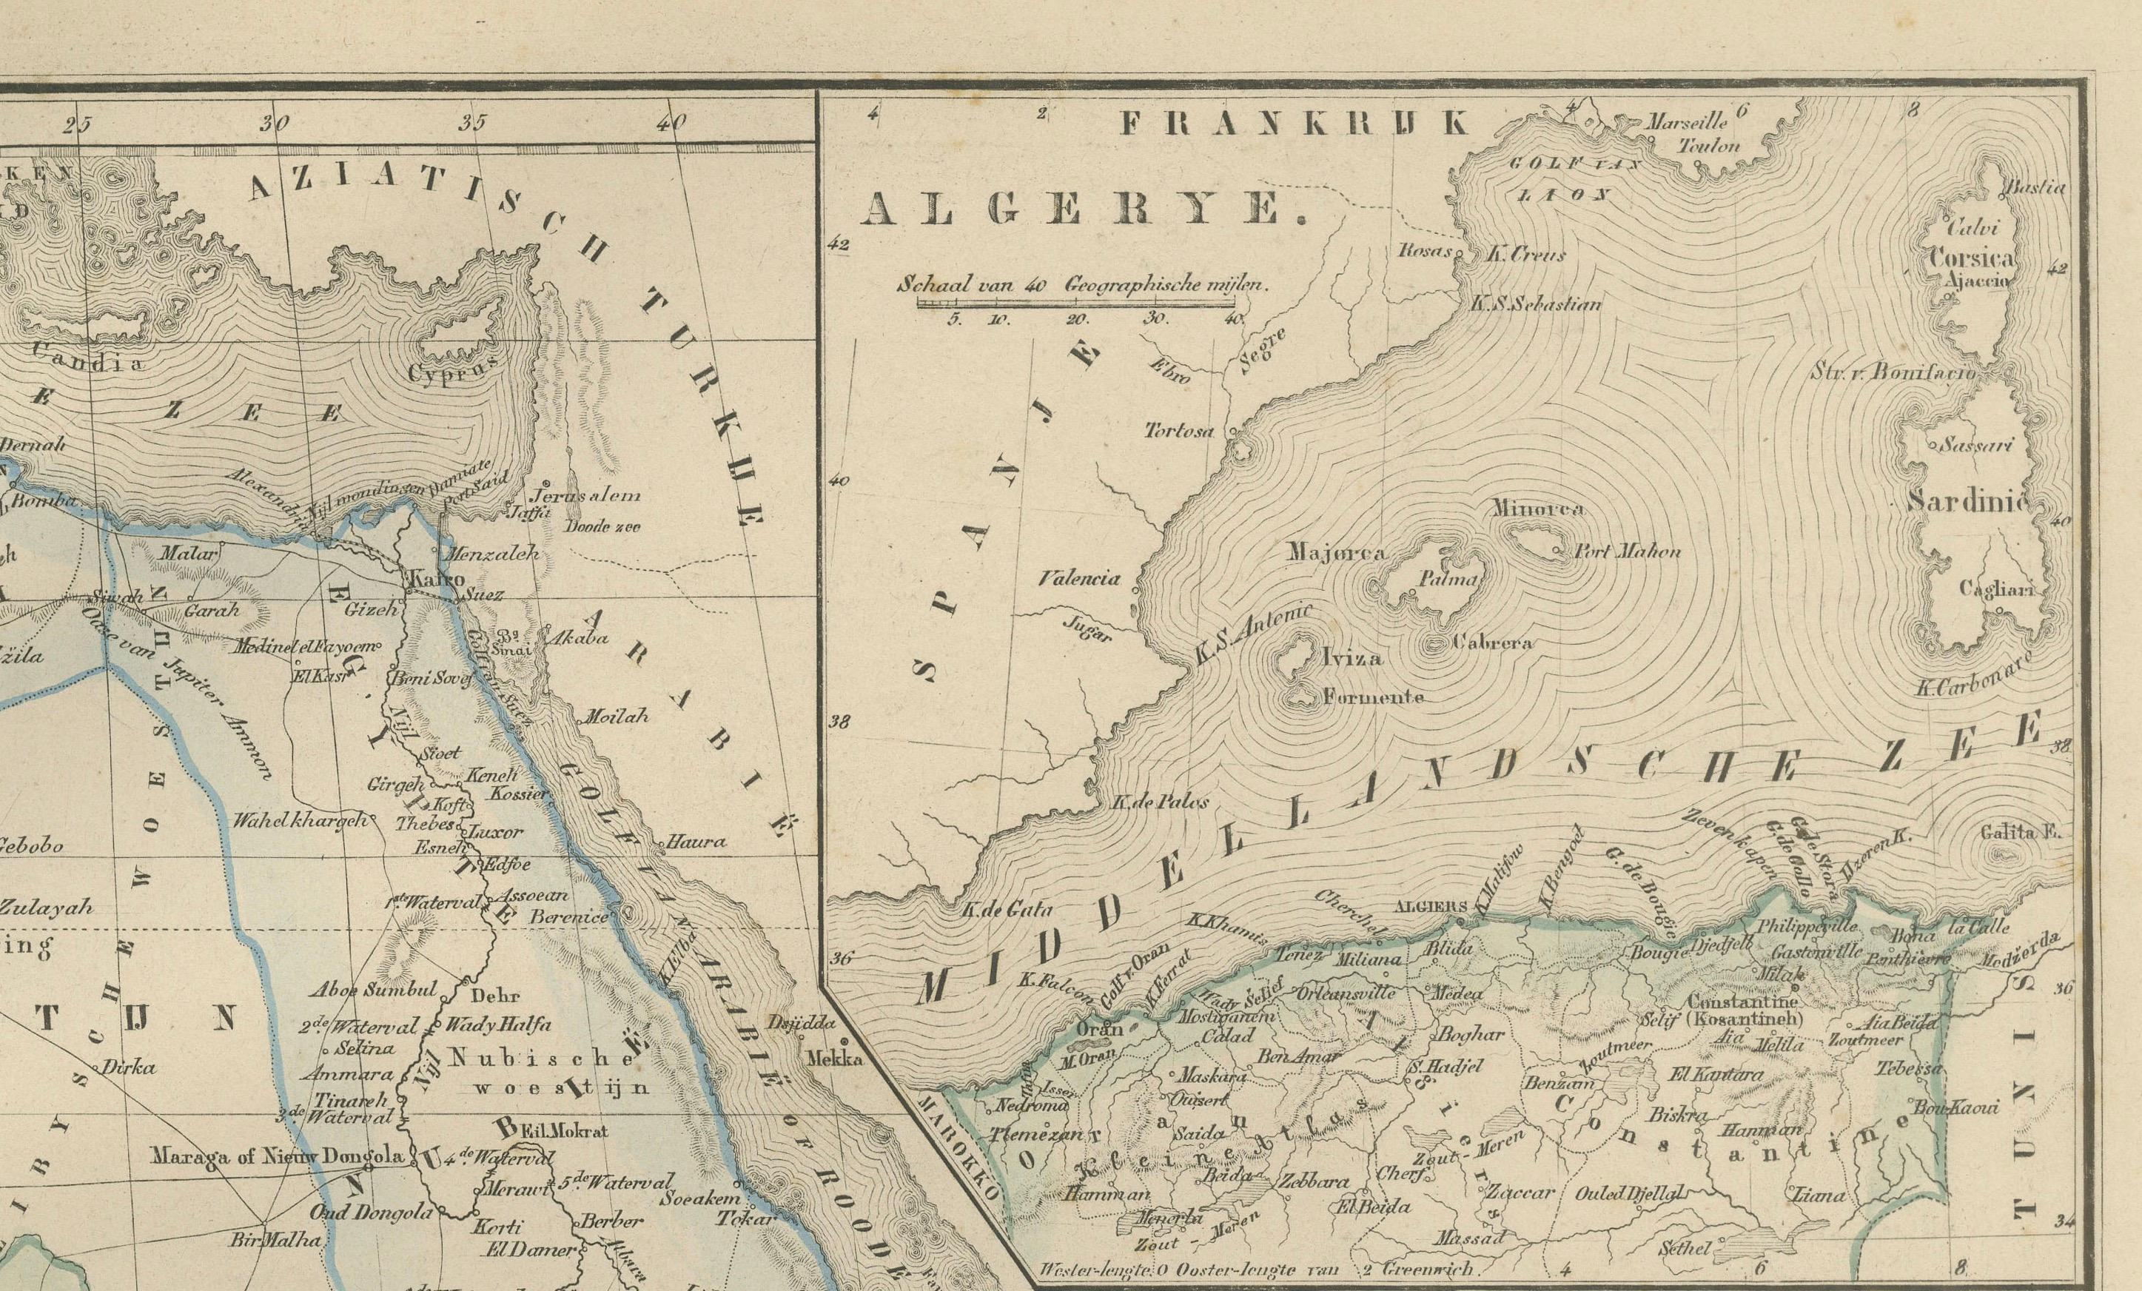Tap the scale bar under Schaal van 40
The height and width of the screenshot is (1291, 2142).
pos(1078,304)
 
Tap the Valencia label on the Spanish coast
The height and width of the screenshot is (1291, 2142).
pos(1080,579)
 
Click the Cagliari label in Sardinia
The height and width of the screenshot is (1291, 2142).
pos(1996,589)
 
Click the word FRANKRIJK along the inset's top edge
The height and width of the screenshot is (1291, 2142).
pos(1294,124)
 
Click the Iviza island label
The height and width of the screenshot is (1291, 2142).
pos(1351,658)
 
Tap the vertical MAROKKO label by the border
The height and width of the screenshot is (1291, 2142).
pos(962,1162)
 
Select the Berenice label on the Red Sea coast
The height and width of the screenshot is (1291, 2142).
pos(569,916)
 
